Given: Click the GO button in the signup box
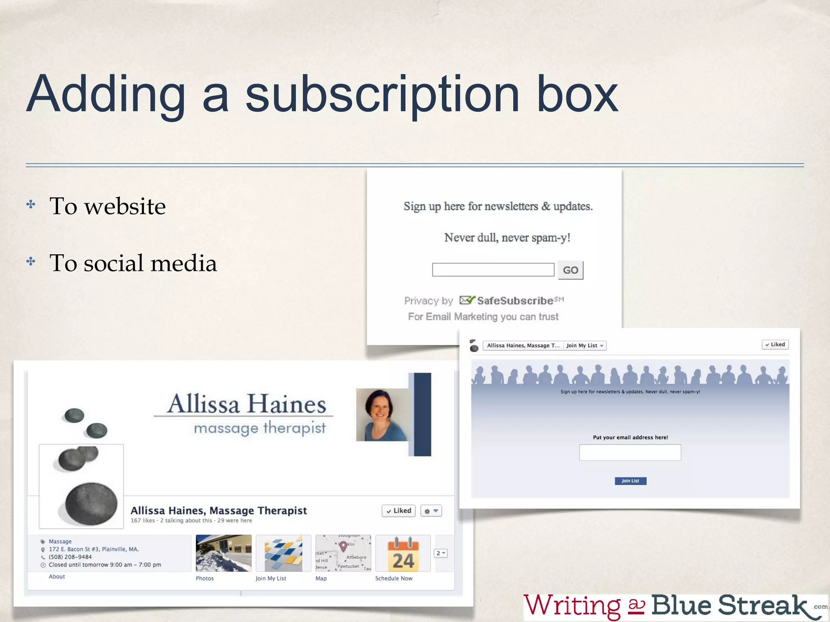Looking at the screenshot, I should pos(570,270).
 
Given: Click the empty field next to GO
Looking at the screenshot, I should pos(493,270).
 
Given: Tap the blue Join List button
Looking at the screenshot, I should pos(630,481).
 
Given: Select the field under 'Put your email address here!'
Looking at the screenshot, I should pos(630,452).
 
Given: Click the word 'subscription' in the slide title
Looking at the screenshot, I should pos(382,94).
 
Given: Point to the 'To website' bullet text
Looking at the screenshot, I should pos(107,206).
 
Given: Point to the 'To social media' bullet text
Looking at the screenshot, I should pos(133,263).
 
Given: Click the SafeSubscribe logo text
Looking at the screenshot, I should pos(515,300).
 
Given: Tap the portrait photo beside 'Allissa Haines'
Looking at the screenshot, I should pos(383,415).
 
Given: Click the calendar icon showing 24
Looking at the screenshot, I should pos(402,554).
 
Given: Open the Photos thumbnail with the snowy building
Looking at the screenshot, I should pos(223,553).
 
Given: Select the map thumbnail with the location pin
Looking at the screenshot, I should pos(343,553).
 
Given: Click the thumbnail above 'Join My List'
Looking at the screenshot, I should pos(283,553).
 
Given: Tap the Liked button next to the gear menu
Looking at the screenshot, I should pos(398,511).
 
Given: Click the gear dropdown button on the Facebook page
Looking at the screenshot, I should pos(431,511).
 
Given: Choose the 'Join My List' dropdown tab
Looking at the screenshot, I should pos(585,345).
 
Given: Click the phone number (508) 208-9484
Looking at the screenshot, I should pos(70,557).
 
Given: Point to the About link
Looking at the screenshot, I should pos(57,577).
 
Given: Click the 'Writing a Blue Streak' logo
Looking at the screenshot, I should pos(673,606).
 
